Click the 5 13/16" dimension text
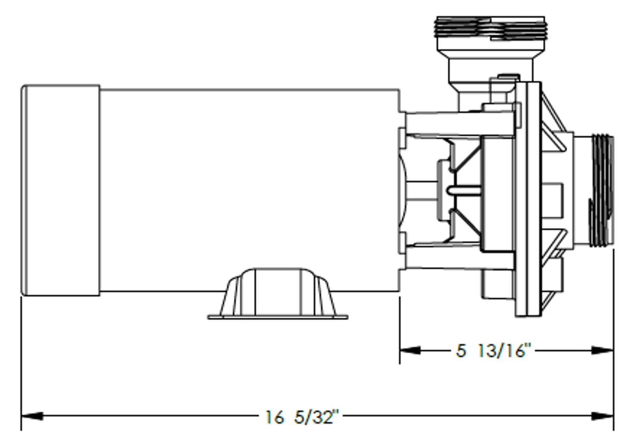point(494,351)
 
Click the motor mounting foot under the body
point(278,293)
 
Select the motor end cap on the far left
point(61,190)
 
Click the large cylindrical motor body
point(249,189)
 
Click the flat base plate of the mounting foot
point(278,317)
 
